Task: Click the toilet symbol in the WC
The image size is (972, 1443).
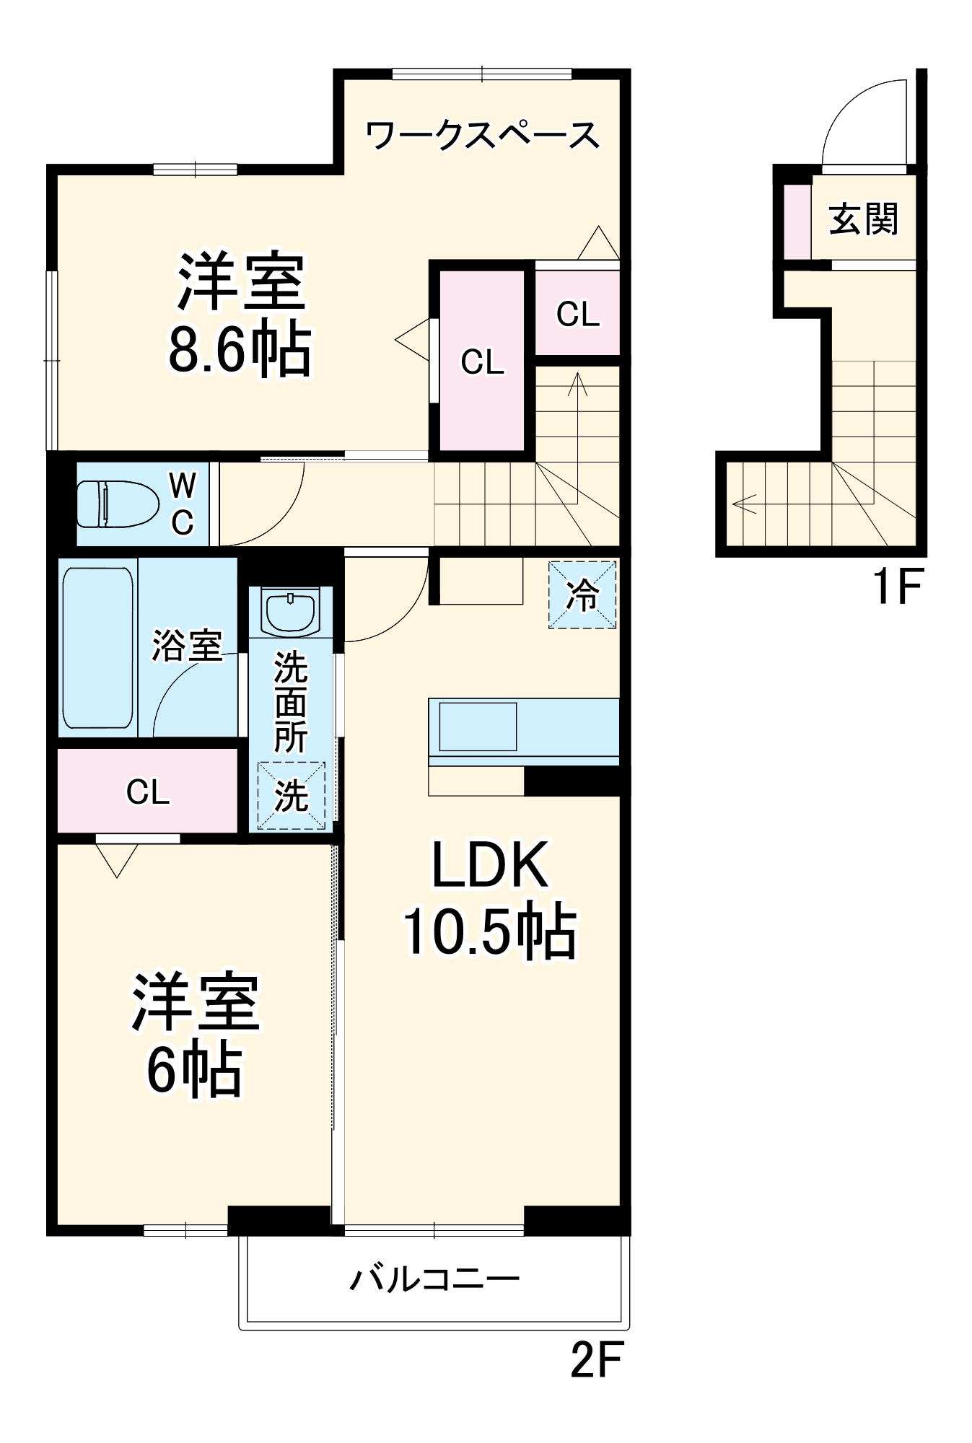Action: [118, 504]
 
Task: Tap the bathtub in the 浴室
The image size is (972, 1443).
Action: [98, 647]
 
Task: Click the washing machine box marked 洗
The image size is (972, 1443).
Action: [292, 795]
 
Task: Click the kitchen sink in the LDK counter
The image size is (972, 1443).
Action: [478, 727]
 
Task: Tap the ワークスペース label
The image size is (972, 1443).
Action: [482, 135]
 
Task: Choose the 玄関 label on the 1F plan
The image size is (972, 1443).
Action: [863, 219]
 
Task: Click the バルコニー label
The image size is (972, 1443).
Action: [434, 1279]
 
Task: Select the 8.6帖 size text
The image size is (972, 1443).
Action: [240, 350]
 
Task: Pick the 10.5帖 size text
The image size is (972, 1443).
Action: [489, 931]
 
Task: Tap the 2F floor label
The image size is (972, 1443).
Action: [595, 1359]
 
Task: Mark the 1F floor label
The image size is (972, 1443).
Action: [897, 586]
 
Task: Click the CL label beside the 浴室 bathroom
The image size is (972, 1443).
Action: [148, 792]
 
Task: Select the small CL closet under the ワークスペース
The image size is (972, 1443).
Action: [577, 314]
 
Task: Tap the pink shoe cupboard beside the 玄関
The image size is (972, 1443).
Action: [797, 222]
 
